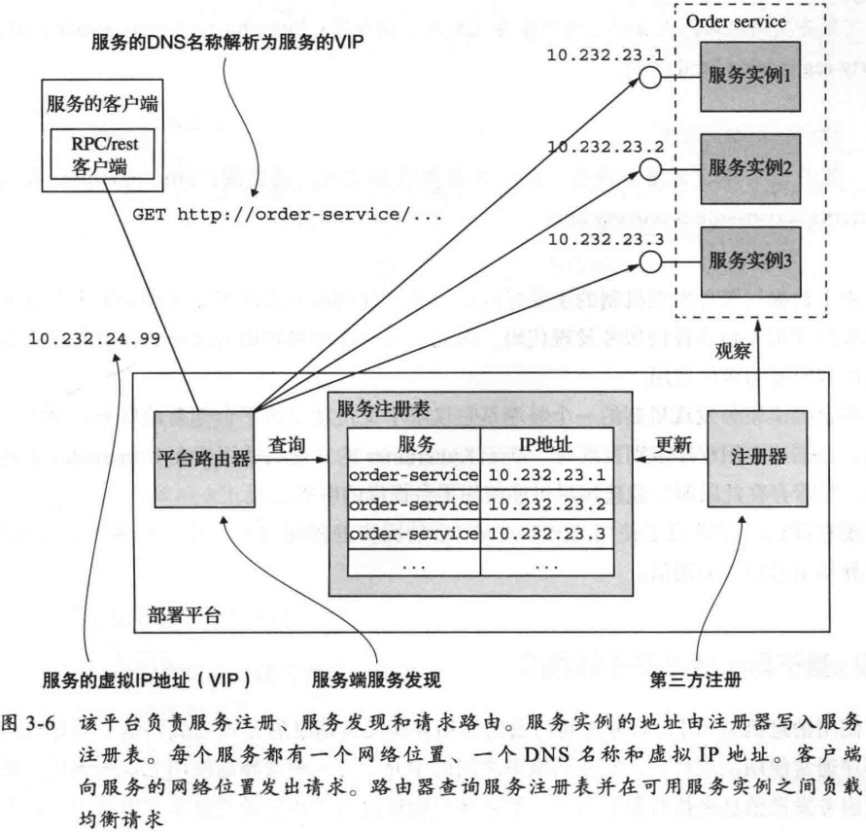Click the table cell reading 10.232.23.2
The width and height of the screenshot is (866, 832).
(545, 503)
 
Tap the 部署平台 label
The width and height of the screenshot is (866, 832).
(185, 614)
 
